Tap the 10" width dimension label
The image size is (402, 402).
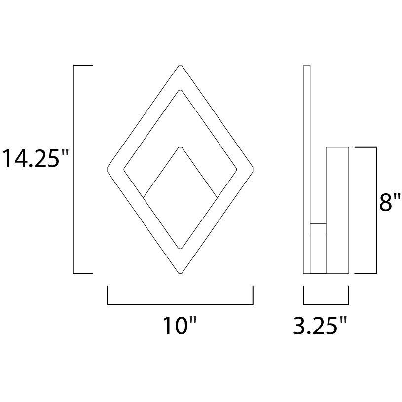[x=180, y=326]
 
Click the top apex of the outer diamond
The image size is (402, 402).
[x=181, y=66]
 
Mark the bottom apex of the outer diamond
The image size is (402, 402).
[x=181, y=273]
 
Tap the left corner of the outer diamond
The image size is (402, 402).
[x=108, y=169]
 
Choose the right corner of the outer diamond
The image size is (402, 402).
[x=253, y=169]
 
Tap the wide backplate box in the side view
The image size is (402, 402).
[x=337, y=210]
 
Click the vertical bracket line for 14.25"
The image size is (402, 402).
[x=74, y=169]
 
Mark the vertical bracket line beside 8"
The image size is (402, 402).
[x=376, y=210]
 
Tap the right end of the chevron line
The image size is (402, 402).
[x=218, y=198]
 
